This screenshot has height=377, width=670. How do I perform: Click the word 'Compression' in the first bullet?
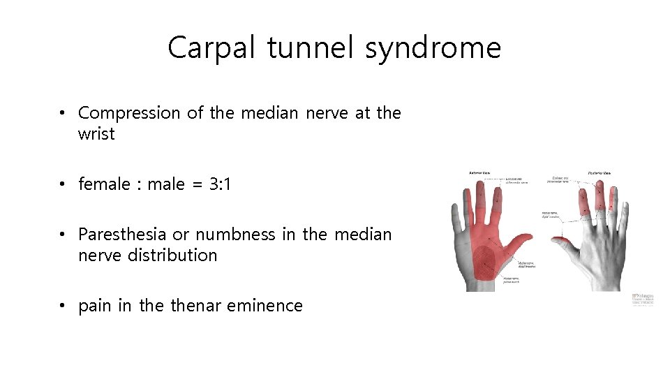coord(129,113)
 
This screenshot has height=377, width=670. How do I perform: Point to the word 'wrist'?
coord(96,134)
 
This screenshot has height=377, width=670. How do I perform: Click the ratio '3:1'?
coord(220,184)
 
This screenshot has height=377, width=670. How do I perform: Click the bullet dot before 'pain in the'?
coord(63,306)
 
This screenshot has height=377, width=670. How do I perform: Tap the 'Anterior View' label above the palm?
coord(479,173)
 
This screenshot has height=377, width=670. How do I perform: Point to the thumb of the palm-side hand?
coord(522,244)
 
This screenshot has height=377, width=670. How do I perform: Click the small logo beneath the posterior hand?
coord(643,299)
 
